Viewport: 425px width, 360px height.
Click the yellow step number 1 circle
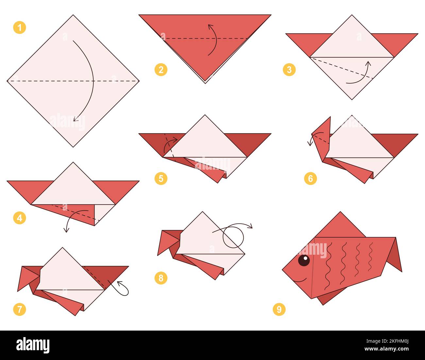pos(20,27)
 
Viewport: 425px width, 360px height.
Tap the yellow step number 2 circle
pos(161,70)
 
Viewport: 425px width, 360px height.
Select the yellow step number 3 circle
pos(289,70)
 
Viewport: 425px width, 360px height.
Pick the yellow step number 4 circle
pos(20,218)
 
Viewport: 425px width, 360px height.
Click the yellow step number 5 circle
pos(161,179)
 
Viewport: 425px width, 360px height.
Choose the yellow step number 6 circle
pos(310,179)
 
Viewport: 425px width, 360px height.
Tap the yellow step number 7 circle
pos(20,309)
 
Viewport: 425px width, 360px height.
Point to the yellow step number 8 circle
pos(161,278)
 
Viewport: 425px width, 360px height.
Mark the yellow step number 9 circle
pos(279,309)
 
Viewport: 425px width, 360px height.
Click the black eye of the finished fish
pos(304,260)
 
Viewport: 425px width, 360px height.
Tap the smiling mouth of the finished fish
pos(300,280)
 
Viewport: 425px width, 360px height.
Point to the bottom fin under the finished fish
pos(329,296)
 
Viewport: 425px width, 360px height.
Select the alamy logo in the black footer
pos(33,345)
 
